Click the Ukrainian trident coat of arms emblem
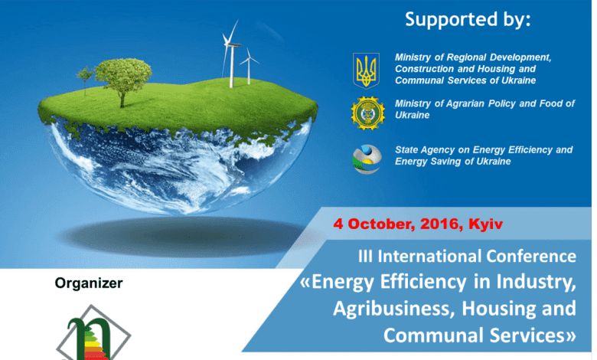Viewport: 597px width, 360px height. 366,70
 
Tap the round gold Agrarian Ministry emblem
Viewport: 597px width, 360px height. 368,113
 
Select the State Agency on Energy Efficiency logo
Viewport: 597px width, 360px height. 367,159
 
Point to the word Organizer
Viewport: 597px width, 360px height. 89,283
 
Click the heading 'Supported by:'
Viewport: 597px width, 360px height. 468,19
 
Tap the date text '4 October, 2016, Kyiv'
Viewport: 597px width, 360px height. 418,224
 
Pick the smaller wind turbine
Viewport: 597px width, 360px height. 249,66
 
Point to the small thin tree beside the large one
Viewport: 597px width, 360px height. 85,79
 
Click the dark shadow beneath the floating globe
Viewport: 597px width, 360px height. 183,236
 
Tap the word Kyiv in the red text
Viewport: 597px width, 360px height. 485,224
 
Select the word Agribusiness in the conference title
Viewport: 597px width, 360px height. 394,309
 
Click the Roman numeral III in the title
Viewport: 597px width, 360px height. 365,256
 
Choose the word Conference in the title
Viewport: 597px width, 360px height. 531,256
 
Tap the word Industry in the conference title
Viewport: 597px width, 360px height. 536,283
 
